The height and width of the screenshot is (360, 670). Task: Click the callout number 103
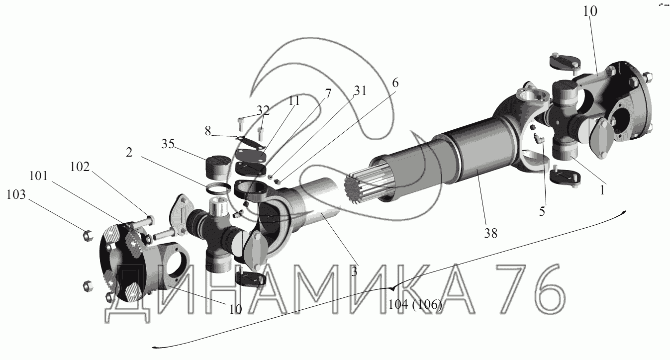16,194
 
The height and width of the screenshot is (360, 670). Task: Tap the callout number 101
39,176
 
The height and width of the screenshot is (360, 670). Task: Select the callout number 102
80,167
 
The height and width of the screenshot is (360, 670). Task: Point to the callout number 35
168,144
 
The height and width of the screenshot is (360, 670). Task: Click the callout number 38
490,233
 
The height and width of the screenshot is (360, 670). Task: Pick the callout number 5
542,211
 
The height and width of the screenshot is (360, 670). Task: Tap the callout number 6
395,83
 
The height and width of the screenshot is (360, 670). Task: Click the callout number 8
208,131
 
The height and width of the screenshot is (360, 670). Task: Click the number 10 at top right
590,11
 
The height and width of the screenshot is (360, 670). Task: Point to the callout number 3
354,271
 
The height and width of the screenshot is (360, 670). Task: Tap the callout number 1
602,190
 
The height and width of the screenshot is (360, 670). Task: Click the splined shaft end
356,189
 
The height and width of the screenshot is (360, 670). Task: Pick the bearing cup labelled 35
218,167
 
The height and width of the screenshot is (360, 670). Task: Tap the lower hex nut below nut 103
88,286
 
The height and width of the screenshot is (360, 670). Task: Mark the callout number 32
263,110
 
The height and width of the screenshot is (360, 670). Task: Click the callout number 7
328,94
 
